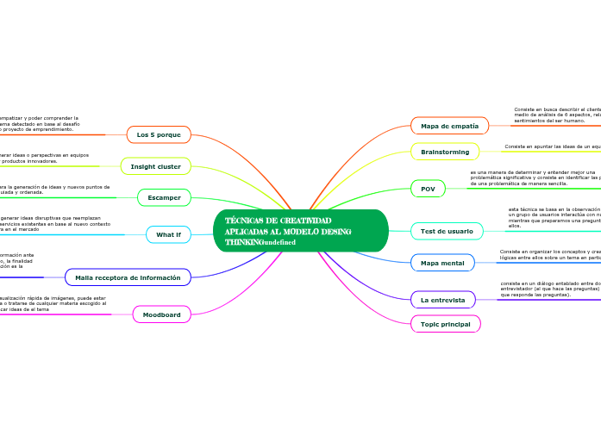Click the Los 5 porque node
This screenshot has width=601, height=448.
pos(159,134)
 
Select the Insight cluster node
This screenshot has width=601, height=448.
pos(155,166)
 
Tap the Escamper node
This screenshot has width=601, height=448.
pos(164,197)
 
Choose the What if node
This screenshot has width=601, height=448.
pos(168,234)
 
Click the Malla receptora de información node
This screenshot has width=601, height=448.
pos(128,277)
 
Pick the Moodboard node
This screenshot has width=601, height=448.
pos(161,315)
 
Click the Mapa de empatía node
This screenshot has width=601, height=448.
pos(449,126)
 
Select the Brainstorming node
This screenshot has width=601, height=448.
pos(445,152)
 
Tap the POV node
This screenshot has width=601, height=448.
pos(428,188)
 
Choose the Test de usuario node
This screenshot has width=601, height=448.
pos(447,231)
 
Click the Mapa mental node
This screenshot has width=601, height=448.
pos(442,263)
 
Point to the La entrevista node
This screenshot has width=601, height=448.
pos(442,300)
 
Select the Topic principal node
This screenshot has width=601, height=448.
pos(445,324)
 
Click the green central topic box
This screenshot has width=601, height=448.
pos(300,231)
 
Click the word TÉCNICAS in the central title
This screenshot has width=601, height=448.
pos(243,221)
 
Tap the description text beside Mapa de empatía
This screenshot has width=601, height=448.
pos(556,115)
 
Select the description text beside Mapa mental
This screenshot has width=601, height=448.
pos(549,254)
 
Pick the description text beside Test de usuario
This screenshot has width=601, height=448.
pos(554,217)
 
